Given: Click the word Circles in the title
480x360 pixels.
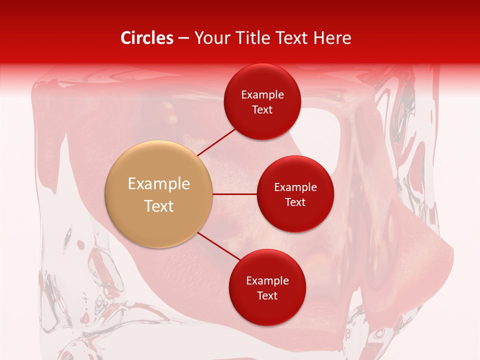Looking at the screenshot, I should point(146,38).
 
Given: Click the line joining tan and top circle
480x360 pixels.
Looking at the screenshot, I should point(216,141).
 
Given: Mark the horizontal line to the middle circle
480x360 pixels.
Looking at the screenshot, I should point(234,194).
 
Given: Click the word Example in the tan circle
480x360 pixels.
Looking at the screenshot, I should point(158,184).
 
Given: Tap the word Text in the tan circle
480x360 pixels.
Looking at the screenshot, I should point(158,206).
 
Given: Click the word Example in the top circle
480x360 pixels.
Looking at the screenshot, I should point(262,95).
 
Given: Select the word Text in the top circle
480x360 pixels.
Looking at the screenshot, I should point(262,110).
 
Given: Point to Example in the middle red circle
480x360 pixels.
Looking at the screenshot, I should point(295,187).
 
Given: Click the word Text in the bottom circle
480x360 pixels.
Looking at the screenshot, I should point(267,296).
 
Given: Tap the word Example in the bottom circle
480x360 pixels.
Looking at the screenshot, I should point(267,281).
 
